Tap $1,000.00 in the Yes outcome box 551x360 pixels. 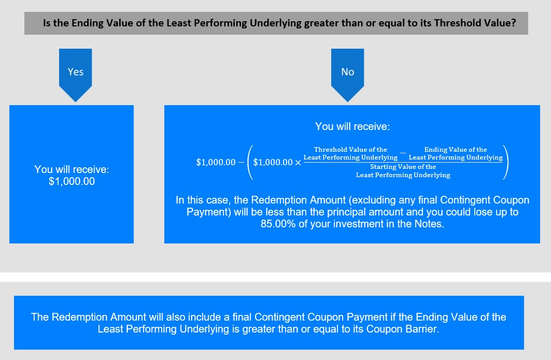click(72, 182)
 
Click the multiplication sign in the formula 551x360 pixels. click(298, 163)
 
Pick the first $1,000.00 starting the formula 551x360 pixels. click(216, 162)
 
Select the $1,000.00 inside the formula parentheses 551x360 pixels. click(273, 162)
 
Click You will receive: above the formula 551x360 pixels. click(352, 126)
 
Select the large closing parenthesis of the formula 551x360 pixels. click(506, 162)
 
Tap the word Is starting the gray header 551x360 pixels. click(47, 23)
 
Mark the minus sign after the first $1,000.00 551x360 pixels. click(241, 162)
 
